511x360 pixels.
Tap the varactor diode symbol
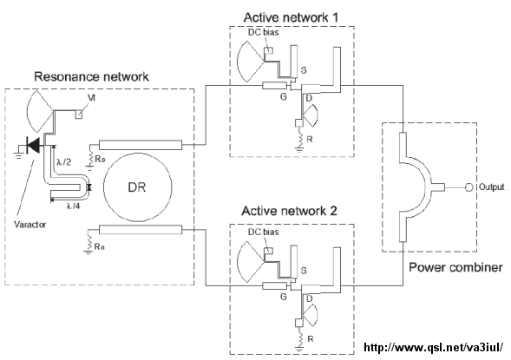click(x=33, y=145)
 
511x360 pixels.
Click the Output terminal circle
click(x=468, y=187)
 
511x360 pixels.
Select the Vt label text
click(x=92, y=98)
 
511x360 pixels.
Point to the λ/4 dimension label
click(x=73, y=206)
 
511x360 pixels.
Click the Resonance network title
click(x=92, y=77)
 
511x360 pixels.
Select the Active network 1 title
click(x=291, y=17)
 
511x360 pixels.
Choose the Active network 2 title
click(x=289, y=211)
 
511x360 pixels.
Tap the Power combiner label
click(x=455, y=267)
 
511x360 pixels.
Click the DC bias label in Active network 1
click(x=264, y=32)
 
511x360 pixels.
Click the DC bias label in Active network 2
click(x=264, y=232)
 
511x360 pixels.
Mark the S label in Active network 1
click(x=304, y=70)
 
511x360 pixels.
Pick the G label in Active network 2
click(x=284, y=297)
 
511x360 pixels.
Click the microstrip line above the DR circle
click(x=141, y=145)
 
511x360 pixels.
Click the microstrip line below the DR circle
click(x=141, y=230)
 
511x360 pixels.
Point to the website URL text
click(x=434, y=347)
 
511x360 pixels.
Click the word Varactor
click(x=30, y=225)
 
